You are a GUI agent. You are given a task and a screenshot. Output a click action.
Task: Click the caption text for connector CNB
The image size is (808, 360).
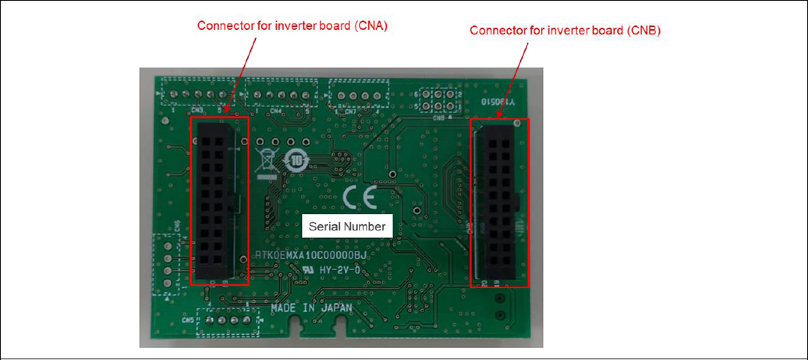coord(565,31)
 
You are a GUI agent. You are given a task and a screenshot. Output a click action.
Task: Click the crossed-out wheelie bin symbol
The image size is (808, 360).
coord(264,162)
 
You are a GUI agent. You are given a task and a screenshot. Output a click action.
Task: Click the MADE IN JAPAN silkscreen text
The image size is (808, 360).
coord(302,308)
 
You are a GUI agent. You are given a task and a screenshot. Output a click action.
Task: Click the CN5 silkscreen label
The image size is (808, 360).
coord(188,320)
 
